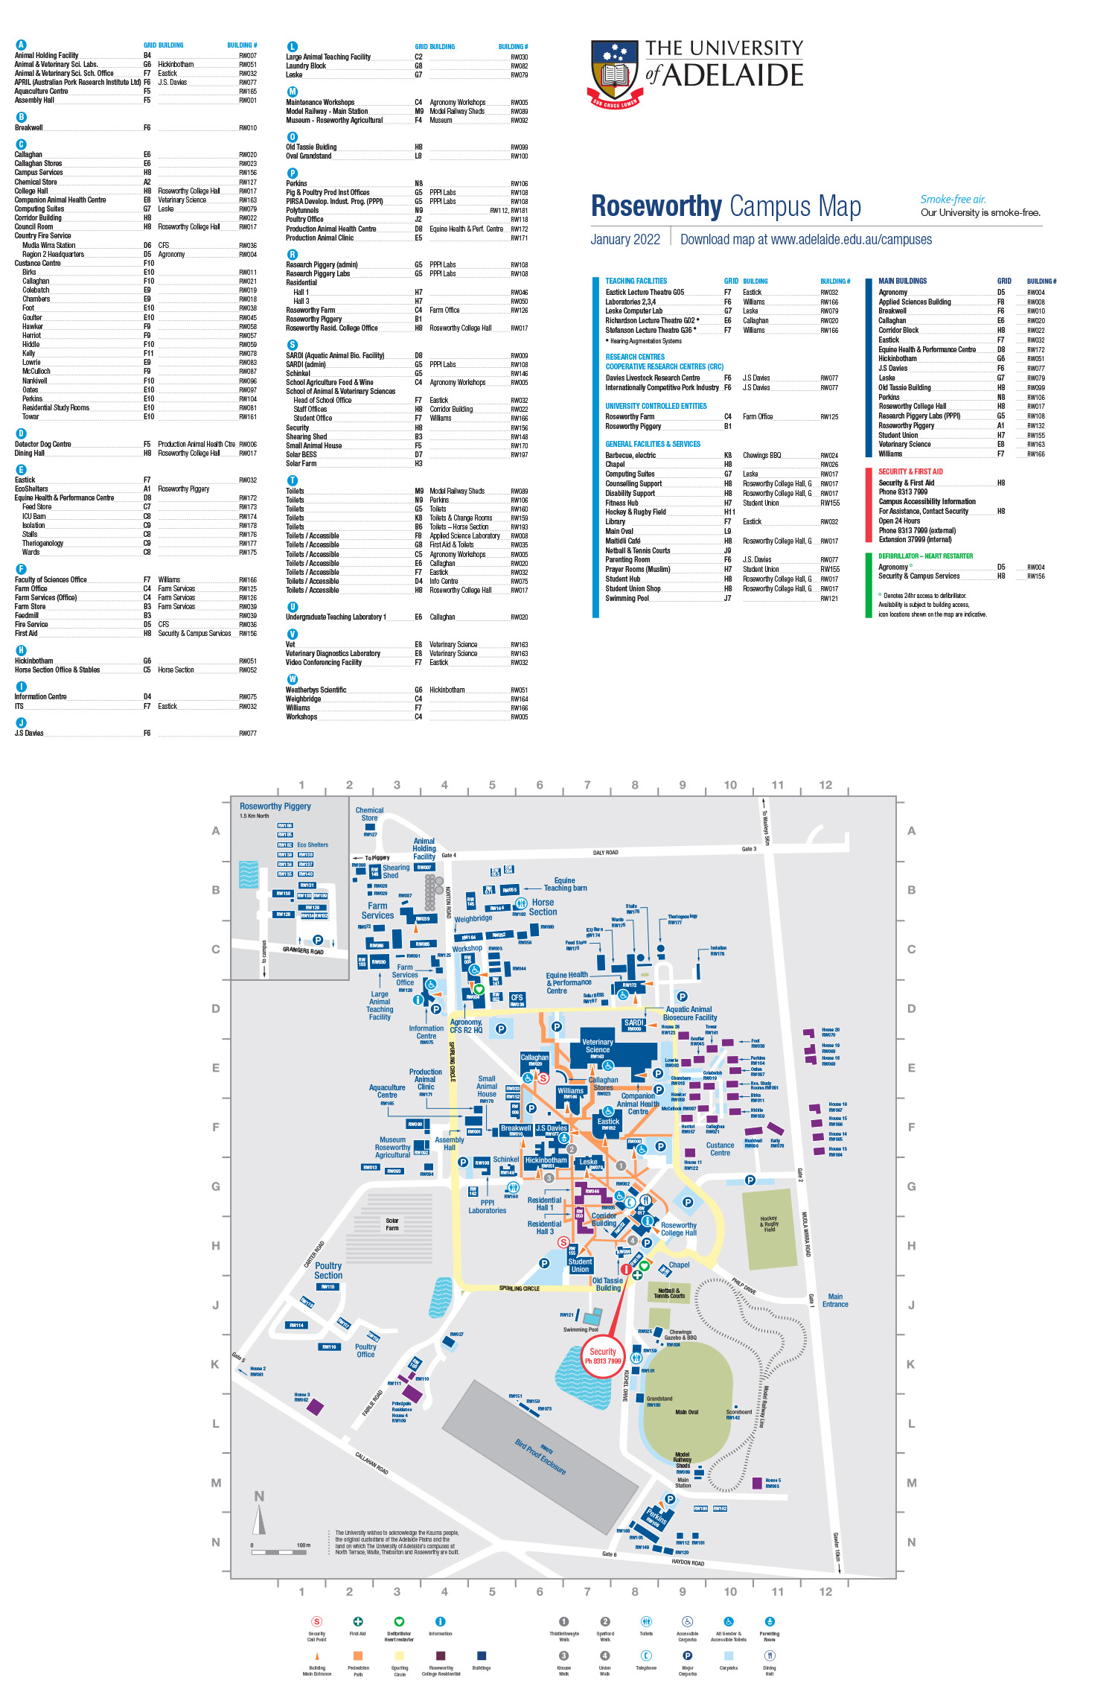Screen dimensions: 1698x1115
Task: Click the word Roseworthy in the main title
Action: (656, 206)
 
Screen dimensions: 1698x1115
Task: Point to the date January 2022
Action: (625, 240)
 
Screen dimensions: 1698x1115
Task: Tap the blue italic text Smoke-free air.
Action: (953, 200)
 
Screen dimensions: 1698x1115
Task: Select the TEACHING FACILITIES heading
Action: (636, 282)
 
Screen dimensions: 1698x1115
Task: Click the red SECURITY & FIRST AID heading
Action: (910, 471)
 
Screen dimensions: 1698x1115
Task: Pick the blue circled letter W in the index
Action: (293, 679)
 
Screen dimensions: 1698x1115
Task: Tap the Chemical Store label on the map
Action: (369, 814)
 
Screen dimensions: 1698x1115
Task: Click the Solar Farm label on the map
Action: (392, 1224)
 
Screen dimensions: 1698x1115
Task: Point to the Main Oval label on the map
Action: (686, 1412)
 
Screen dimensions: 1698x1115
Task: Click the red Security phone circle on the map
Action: (603, 1356)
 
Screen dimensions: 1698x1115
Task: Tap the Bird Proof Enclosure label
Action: (540, 1457)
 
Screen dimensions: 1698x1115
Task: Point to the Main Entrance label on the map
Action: (835, 1300)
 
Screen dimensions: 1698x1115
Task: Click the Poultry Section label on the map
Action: (328, 1271)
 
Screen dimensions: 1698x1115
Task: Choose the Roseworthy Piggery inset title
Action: (275, 807)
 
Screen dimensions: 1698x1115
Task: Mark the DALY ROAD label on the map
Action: (605, 853)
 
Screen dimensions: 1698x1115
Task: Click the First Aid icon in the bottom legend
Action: (357, 1621)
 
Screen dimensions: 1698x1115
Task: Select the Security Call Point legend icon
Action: (316, 1621)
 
